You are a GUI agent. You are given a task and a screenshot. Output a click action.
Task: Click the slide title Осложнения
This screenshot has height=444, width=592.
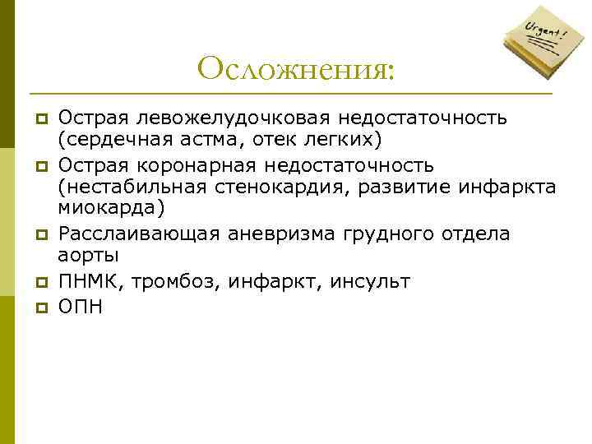pos(296,68)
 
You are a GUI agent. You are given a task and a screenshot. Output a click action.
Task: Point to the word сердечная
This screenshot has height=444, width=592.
pos(110,136)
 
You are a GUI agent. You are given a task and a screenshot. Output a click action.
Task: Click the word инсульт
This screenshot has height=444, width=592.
pos(369,282)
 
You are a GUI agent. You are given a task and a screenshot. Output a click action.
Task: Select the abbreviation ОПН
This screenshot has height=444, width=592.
pos(81,307)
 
